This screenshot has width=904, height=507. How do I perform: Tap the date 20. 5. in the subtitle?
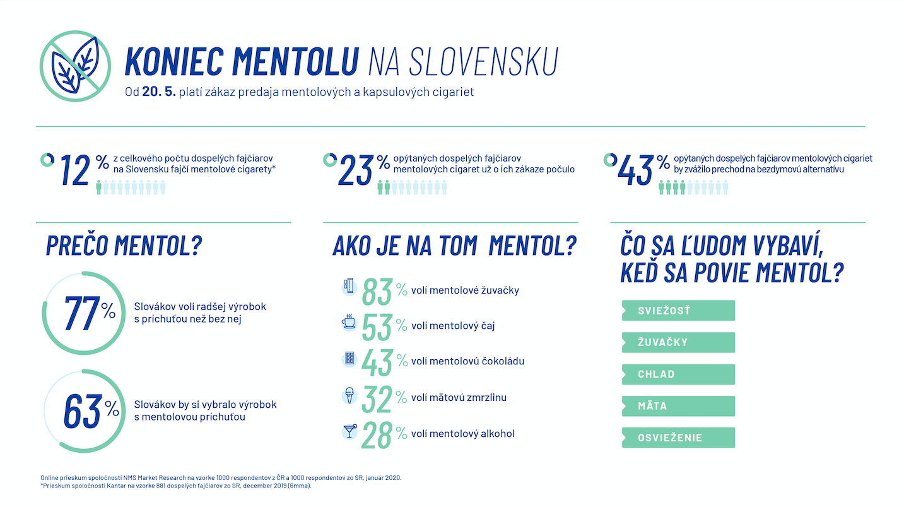[158, 92]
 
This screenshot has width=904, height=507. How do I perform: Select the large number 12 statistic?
[75, 170]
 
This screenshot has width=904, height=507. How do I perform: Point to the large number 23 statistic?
[356, 170]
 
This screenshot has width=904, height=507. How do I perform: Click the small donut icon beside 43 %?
[609, 159]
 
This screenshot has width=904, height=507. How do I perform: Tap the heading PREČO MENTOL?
[124, 246]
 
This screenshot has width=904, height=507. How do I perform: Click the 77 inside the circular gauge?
[82, 314]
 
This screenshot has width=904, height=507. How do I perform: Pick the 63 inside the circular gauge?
[82, 411]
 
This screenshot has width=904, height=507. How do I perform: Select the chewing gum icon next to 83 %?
[348, 287]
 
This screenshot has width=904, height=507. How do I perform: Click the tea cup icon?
[348, 323]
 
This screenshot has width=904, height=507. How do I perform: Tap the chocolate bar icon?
[348, 359]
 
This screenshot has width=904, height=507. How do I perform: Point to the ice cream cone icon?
[348, 395]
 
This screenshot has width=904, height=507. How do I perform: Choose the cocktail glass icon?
[348, 431]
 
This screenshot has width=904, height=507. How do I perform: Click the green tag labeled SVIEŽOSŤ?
[678, 311]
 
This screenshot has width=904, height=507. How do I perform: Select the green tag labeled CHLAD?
[678, 374]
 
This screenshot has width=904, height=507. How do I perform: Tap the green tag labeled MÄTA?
[678, 406]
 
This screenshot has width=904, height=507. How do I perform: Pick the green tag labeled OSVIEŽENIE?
[678, 438]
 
